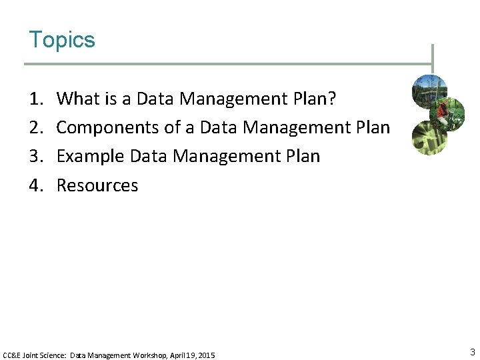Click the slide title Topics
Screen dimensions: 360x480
(x=62, y=40)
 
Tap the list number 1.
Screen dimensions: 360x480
(x=35, y=99)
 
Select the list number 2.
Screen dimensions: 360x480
(x=35, y=127)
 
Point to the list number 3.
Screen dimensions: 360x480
(x=35, y=157)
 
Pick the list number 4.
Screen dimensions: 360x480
(x=35, y=185)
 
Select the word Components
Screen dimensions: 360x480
(x=100, y=127)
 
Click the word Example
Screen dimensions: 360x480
(x=90, y=157)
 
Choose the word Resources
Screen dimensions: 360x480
(x=97, y=185)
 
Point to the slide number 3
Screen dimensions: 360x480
(x=472, y=352)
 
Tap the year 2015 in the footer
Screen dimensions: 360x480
(x=207, y=356)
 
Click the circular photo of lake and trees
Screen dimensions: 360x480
(x=429, y=90)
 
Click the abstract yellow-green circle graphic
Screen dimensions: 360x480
(x=428, y=138)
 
